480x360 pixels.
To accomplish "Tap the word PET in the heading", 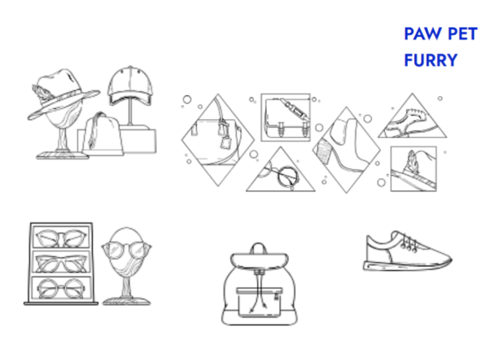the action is tap(463, 33).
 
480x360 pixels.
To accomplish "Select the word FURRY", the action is tap(430, 60).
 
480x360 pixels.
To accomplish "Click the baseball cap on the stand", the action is tap(130, 86).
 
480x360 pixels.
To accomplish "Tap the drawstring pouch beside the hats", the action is tap(103, 134).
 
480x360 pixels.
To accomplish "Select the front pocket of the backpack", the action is tap(259, 302).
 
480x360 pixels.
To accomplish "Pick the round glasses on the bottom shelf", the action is tap(61, 288).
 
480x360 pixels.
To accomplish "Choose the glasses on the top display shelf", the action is tap(61, 238).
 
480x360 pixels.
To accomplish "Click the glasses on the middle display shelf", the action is tap(61, 263).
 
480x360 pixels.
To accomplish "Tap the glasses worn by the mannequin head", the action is tap(127, 249).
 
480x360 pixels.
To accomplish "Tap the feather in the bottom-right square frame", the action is tap(411, 162).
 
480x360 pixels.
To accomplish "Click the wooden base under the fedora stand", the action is tap(63, 156).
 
